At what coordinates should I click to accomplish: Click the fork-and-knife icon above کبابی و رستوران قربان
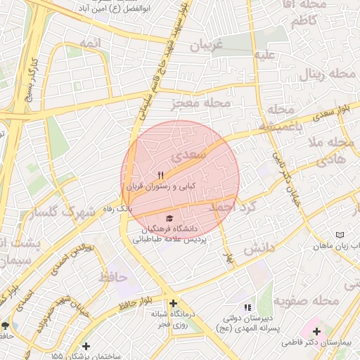pyautogui.click(x=160, y=175)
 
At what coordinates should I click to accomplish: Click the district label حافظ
pyautogui.click(x=115, y=277)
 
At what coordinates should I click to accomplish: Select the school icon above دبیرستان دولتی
pyautogui.click(x=247, y=307)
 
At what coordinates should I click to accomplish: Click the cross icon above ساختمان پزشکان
pyautogui.click(x=86, y=346)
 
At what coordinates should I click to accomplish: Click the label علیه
pyautogui.click(x=264, y=55)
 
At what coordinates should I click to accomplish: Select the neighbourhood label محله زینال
pyautogui.click(x=322, y=76)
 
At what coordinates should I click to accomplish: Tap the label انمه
pyautogui.click(x=91, y=44)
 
